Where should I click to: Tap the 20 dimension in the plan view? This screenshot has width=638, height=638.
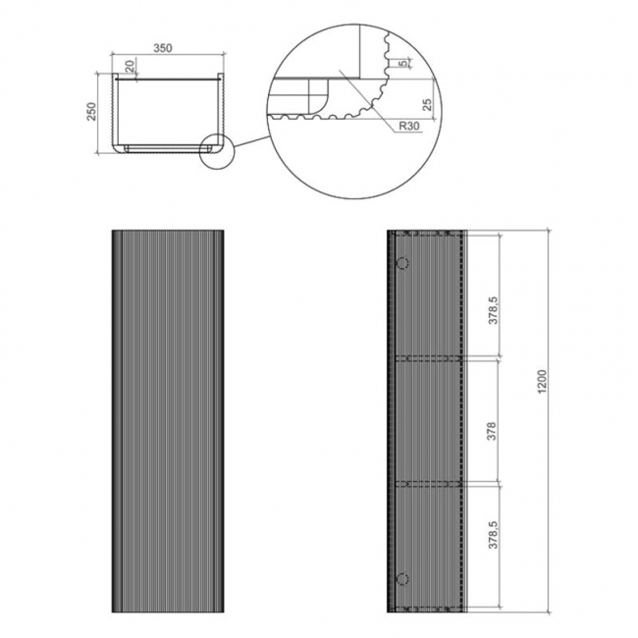(131, 68)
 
